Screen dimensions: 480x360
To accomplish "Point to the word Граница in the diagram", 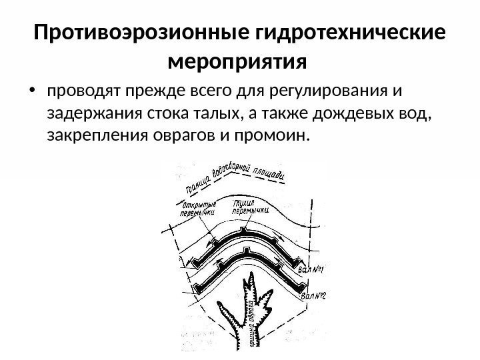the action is pos(195,184).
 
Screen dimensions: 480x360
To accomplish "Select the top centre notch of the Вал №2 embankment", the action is pos(247,251).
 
